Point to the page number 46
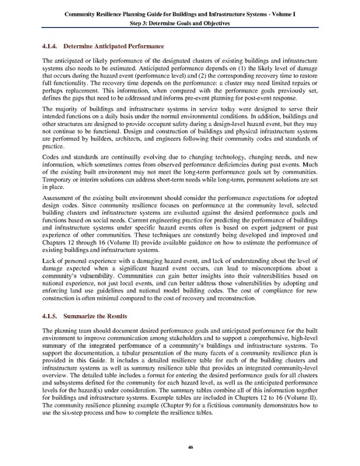point(180,448)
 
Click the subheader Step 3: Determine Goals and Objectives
point(180,21)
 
